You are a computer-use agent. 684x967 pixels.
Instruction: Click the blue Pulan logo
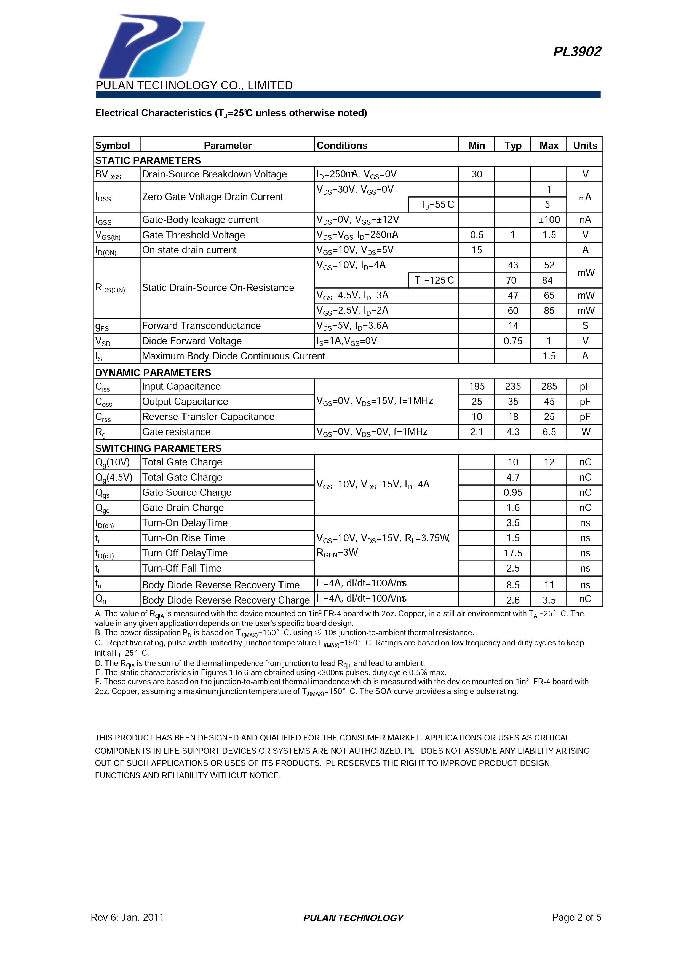(151, 46)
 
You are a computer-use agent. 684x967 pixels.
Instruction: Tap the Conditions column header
(342, 145)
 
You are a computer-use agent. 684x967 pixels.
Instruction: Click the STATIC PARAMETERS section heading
(148, 160)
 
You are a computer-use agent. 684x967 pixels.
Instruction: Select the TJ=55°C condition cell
(437, 205)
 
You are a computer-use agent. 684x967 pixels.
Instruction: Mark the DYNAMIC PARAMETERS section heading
(153, 373)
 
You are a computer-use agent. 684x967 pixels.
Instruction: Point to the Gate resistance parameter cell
(176, 432)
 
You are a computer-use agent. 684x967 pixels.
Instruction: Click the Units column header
(585, 145)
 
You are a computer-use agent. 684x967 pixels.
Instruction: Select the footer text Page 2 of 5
(576, 917)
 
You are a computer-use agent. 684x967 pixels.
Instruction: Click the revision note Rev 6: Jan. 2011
(127, 917)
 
